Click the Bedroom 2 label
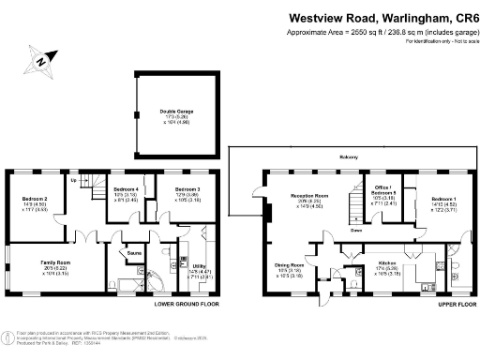35,199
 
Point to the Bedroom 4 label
126,189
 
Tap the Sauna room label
133,252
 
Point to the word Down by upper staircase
356,229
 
